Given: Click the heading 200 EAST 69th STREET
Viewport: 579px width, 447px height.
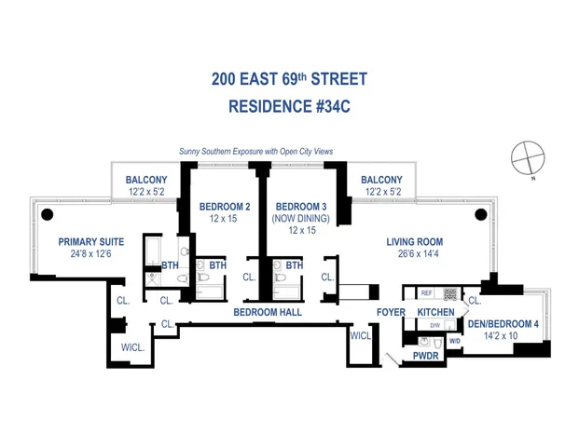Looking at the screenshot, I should pyautogui.click(x=288, y=79).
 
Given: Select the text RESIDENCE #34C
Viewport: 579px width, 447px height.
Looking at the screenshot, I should pyautogui.click(x=288, y=107).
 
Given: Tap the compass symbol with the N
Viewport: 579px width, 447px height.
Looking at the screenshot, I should pyautogui.click(x=527, y=156).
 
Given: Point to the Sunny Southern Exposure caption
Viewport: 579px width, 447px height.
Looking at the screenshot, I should pyautogui.click(x=255, y=151).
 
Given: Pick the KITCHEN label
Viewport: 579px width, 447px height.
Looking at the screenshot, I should pyautogui.click(x=435, y=312).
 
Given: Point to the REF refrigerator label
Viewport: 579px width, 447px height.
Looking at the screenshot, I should pyautogui.click(x=426, y=292).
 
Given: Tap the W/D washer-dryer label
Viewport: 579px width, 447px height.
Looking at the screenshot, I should pyautogui.click(x=455, y=341).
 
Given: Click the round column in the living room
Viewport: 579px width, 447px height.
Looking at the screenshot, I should pyautogui.click(x=480, y=215).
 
